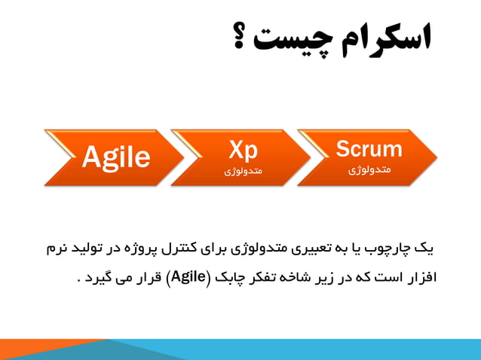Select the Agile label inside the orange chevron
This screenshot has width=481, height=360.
tap(115, 157)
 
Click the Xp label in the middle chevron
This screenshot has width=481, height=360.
tap(243, 149)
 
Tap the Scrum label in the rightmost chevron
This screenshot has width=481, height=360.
tap(369, 148)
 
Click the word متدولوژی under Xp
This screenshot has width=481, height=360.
tap(243, 172)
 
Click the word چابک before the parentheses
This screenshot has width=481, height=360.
tap(231, 276)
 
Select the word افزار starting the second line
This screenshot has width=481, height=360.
tap(418, 276)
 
